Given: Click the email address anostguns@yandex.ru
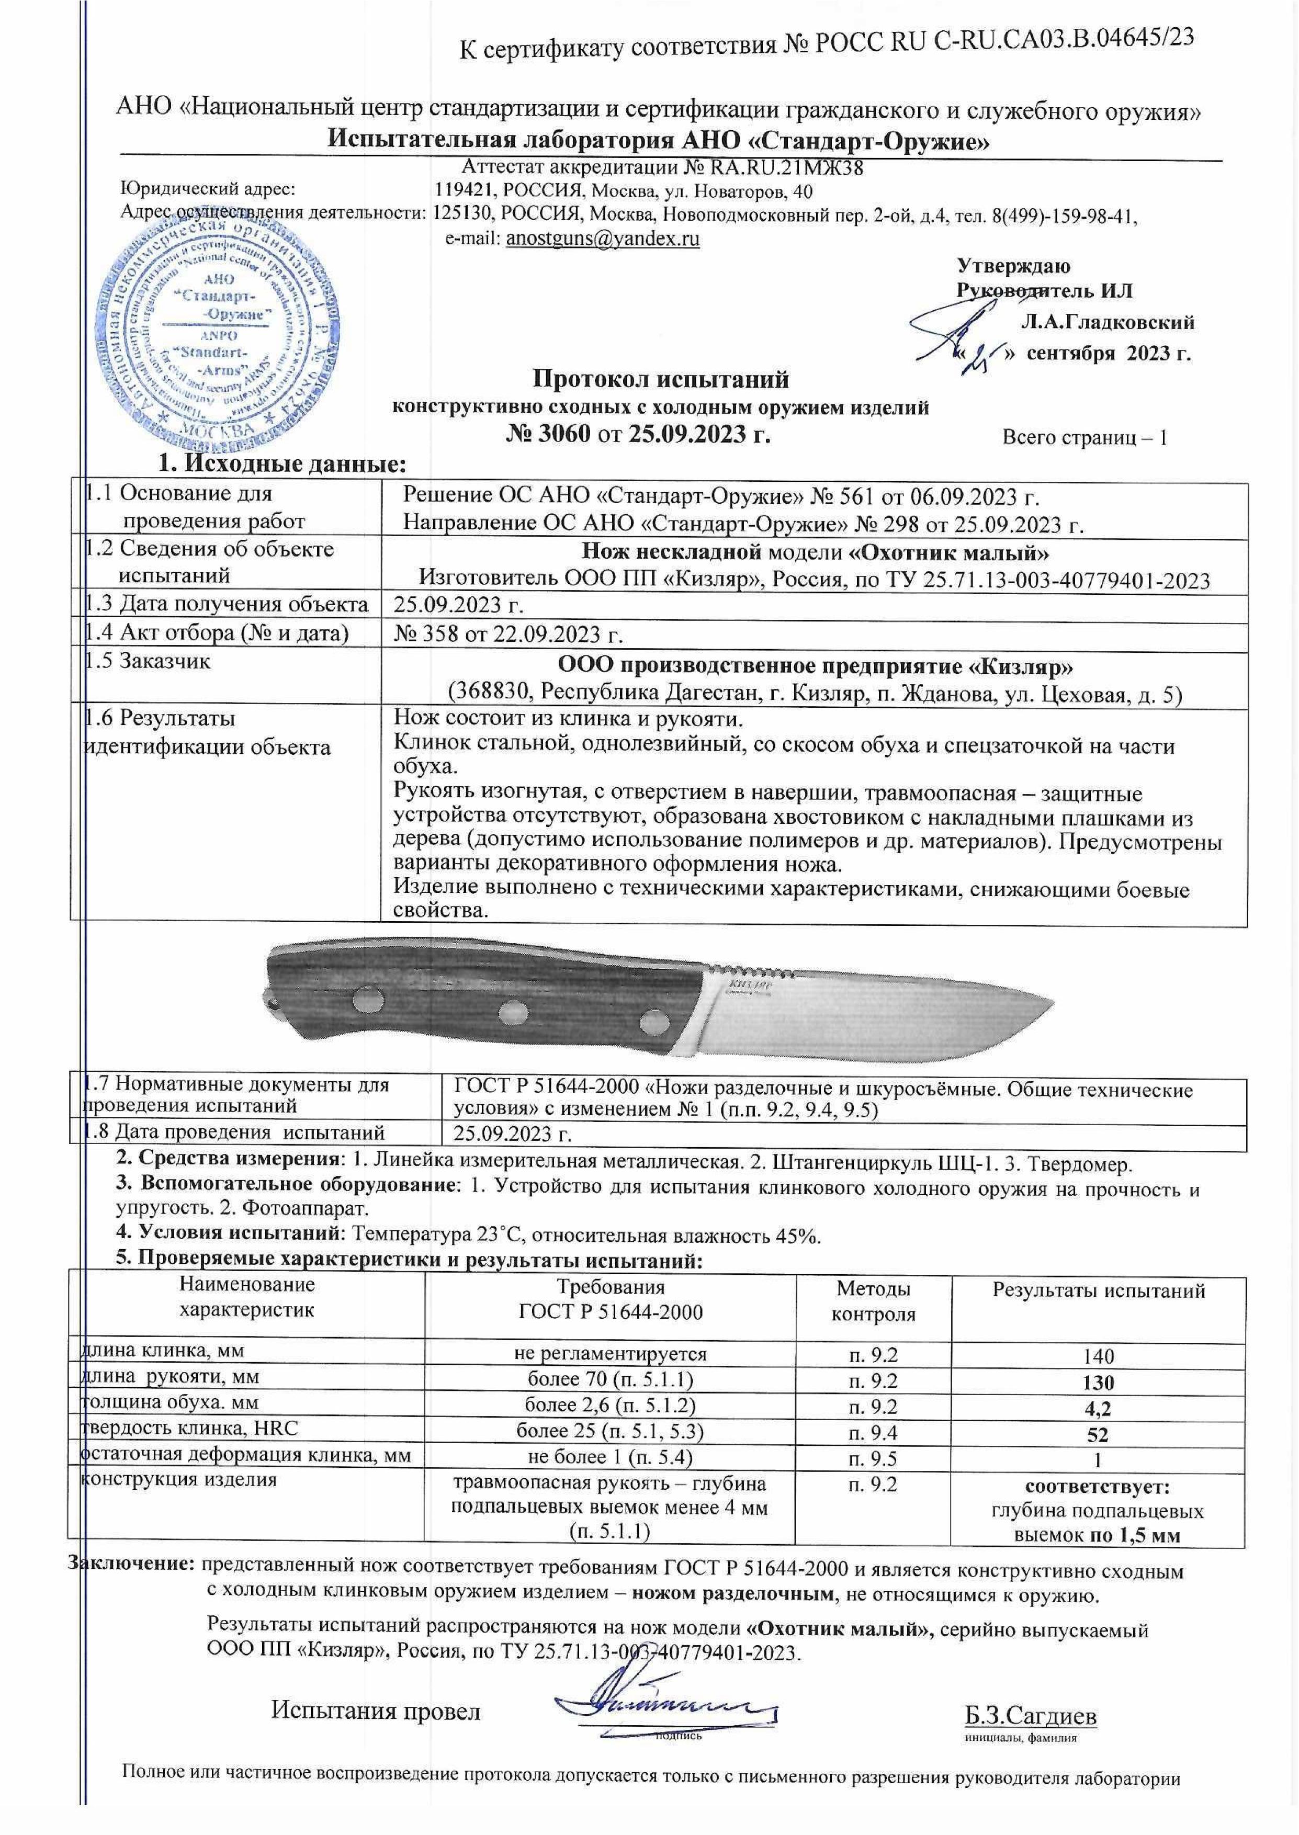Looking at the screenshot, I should [603, 239].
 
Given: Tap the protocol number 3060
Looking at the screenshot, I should [564, 434].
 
